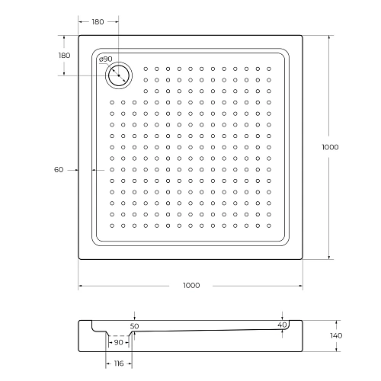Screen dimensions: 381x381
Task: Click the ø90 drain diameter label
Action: coord(106,59)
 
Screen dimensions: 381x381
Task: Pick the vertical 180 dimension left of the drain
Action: coord(65,56)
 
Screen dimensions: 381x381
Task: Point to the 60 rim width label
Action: coord(59,170)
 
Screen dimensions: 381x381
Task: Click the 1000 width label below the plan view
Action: coord(191,286)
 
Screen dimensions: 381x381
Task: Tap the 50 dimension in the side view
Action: coord(135,325)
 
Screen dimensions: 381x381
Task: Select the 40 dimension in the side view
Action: coord(282,325)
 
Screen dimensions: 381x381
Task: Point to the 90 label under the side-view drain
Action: coord(119,343)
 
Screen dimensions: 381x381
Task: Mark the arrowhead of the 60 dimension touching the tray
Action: coord(92,170)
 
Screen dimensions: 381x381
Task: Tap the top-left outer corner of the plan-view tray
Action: coord(78,34)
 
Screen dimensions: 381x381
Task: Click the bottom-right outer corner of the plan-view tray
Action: coord(304,260)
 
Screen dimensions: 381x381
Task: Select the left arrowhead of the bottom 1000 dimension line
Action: coord(80,286)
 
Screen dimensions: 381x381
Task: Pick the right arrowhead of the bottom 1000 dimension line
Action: coord(303,286)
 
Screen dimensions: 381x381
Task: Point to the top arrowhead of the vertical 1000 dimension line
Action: coord(331,36)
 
